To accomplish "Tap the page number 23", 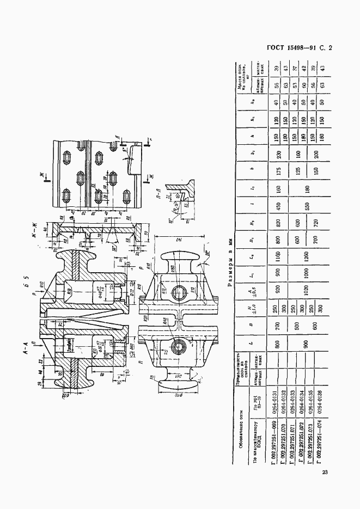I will point(325,471).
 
